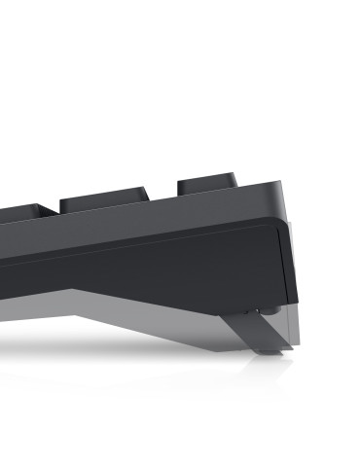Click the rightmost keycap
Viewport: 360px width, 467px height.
click(x=206, y=185)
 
